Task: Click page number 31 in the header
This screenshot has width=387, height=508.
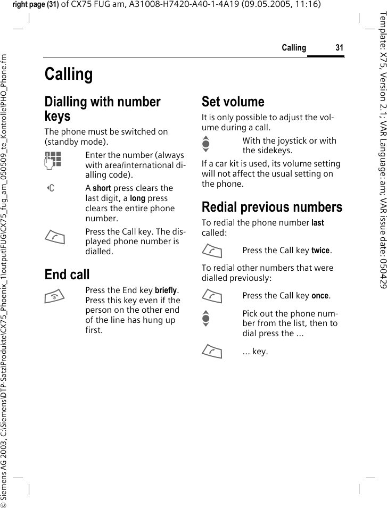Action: click(339, 48)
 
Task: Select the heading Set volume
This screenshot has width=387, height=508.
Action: click(233, 102)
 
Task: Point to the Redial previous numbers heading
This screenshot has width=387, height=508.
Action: click(272, 207)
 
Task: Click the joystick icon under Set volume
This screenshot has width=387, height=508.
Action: click(206, 146)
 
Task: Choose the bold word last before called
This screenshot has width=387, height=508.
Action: click(318, 223)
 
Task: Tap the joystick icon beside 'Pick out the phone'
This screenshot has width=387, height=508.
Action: click(206, 317)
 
